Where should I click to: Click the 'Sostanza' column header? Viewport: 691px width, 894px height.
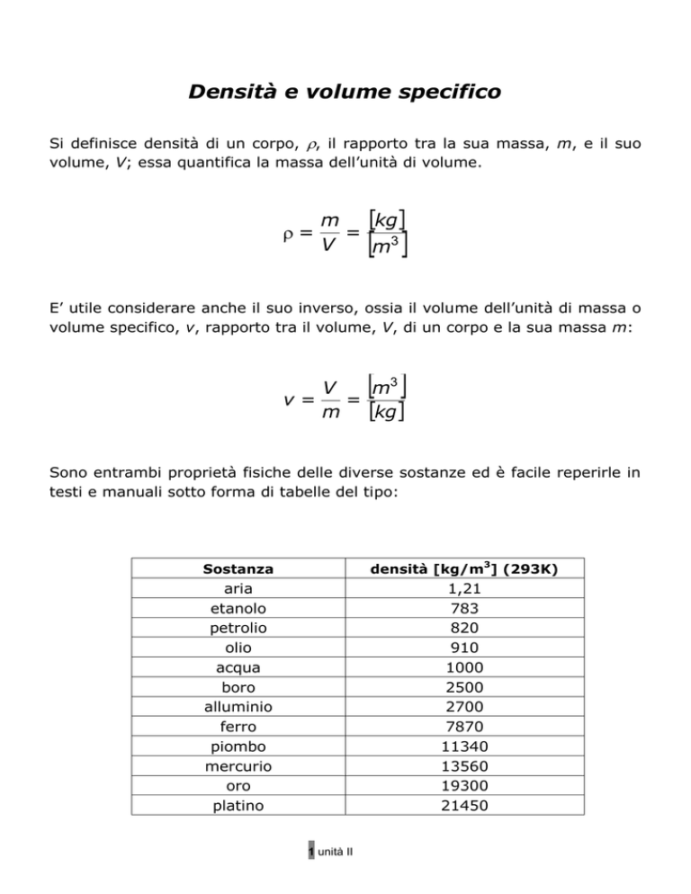coord(238,569)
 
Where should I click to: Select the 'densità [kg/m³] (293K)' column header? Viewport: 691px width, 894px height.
coord(467,569)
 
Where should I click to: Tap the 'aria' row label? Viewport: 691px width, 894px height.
coord(238,589)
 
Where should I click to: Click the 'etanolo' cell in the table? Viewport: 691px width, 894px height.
coord(238,609)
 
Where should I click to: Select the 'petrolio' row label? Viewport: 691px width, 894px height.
coord(238,629)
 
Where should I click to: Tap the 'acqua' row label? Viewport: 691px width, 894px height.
coord(238,668)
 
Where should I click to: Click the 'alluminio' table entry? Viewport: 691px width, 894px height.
coord(238,707)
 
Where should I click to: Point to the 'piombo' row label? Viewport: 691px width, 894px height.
coord(238,746)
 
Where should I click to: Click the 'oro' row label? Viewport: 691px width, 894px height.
coord(238,786)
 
